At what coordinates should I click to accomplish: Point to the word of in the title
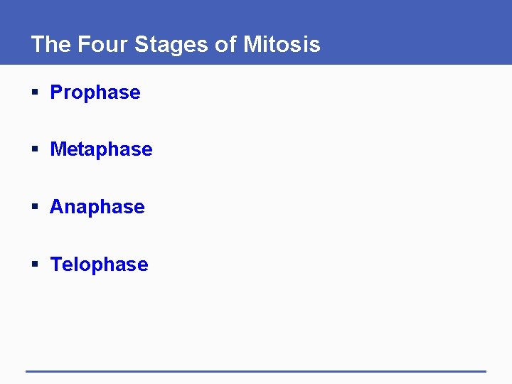[225, 45]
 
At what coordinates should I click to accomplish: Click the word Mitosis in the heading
[282, 45]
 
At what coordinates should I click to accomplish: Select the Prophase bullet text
[95, 92]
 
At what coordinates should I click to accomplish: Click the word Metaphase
[101, 149]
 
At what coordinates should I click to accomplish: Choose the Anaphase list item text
[97, 207]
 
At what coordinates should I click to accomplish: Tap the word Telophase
[100, 265]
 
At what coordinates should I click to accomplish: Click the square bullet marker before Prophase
[35, 93]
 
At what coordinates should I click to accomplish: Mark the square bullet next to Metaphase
[35, 150]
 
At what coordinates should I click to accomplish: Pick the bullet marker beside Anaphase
[35, 208]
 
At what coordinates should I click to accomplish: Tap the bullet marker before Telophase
[35, 265]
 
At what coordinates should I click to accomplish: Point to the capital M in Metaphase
[58, 149]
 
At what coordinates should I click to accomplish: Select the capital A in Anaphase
[57, 207]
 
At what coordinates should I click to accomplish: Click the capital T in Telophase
[56, 265]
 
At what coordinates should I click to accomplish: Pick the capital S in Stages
[141, 45]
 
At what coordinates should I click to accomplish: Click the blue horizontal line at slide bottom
[256, 371]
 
